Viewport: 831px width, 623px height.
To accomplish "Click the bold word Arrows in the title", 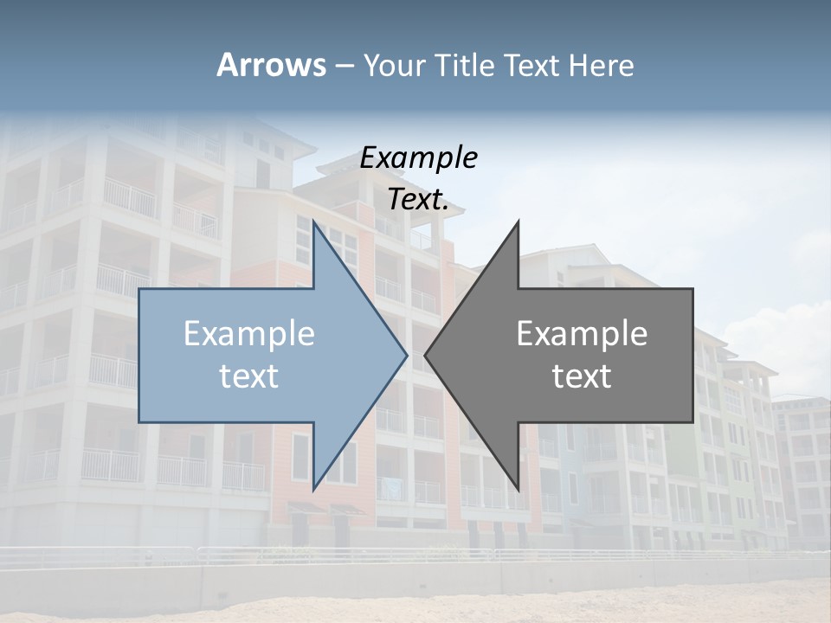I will tap(271, 65).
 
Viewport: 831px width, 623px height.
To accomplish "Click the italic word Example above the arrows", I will tap(418, 157).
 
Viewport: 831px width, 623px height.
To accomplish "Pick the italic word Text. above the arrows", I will tap(418, 200).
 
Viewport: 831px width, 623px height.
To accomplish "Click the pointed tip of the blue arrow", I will tap(407, 355).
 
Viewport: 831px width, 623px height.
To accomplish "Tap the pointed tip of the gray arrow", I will tap(425, 355).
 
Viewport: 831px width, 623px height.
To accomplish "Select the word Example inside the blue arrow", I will tap(249, 333).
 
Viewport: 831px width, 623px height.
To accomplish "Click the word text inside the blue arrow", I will tap(249, 376).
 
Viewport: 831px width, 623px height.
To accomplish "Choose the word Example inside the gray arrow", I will tap(582, 333).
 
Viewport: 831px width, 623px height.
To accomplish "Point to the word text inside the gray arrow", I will tap(582, 376).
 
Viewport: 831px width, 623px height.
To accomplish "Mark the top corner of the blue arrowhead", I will tap(313, 222).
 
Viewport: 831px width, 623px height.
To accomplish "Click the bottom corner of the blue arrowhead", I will tap(313, 490).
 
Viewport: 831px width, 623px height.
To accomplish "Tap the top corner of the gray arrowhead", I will tap(519, 222).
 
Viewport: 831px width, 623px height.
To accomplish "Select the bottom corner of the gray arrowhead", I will tap(519, 490).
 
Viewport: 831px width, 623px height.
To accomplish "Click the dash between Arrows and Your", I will tap(344, 66).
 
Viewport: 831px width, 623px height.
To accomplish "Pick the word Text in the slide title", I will tap(533, 65).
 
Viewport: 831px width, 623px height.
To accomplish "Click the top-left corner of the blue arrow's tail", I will tap(139, 289).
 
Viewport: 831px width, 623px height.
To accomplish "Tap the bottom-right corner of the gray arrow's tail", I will tap(692, 422).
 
